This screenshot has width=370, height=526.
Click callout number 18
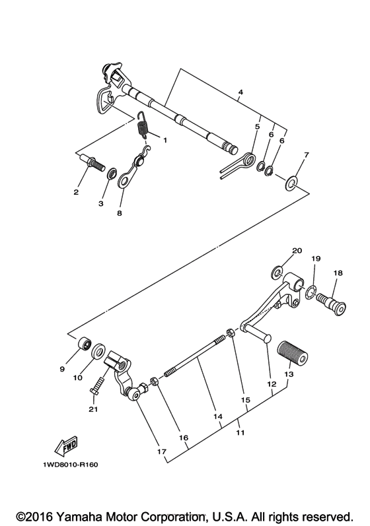[x=338, y=273]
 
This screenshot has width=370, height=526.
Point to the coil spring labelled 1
[x=141, y=125]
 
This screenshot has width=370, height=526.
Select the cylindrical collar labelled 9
[x=85, y=345]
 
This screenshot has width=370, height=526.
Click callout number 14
[x=218, y=417]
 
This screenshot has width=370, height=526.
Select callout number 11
[x=240, y=434]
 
